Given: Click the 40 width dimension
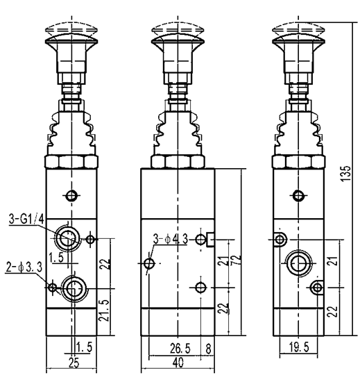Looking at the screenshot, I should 178,362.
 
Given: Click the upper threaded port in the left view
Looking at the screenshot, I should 68,238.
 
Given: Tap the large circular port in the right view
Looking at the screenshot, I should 300,263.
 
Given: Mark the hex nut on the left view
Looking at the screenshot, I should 69,164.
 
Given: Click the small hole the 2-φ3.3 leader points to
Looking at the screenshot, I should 51,285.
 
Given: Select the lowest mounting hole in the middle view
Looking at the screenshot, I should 200,287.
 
